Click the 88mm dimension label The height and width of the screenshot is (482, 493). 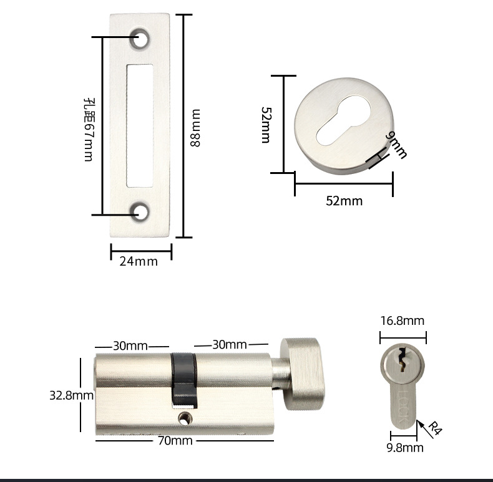point(195,128)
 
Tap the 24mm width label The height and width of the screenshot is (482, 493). point(139,261)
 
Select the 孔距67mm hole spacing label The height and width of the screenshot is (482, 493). point(89,130)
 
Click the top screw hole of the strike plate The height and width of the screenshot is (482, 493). point(140,38)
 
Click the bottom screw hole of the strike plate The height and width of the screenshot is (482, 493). point(140,212)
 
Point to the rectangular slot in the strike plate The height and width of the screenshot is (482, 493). point(140,126)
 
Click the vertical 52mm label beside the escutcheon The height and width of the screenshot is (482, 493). point(266,125)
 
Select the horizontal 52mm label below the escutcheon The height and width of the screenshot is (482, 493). point(344,201)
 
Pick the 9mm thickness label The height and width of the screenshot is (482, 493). point(396,145)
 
